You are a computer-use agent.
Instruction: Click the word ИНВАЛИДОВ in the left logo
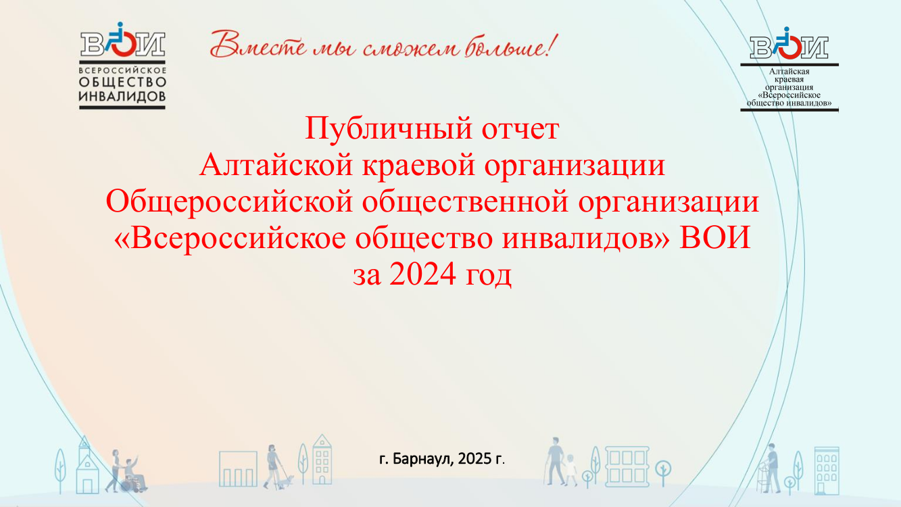point(122,97)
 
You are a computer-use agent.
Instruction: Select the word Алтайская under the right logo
point(789,71)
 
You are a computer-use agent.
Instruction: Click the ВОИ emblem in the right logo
point(789,43)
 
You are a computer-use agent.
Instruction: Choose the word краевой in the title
point(418,166)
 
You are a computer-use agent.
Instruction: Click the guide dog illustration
point(287,481)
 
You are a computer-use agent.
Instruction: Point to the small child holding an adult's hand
point(570,470)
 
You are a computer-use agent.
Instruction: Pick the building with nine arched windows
point(827,470)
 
